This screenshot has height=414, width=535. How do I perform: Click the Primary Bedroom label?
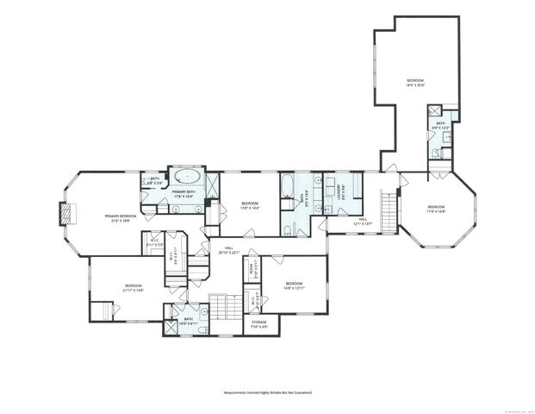click(121, 217)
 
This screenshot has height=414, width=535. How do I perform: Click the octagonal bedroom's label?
click(436, 208)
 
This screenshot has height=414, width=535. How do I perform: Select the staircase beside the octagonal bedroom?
click(389, 211)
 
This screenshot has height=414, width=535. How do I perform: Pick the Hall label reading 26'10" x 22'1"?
click(223, 250)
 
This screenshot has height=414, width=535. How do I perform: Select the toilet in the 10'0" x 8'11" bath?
click(200, 329)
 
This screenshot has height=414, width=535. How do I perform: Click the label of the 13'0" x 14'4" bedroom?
click(250, 205)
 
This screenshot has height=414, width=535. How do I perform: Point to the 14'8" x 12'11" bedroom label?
click(294, 285)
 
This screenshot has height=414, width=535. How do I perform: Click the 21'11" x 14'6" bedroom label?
click(133, 288)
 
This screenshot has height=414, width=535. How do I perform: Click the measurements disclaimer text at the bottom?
click(267, 392)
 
